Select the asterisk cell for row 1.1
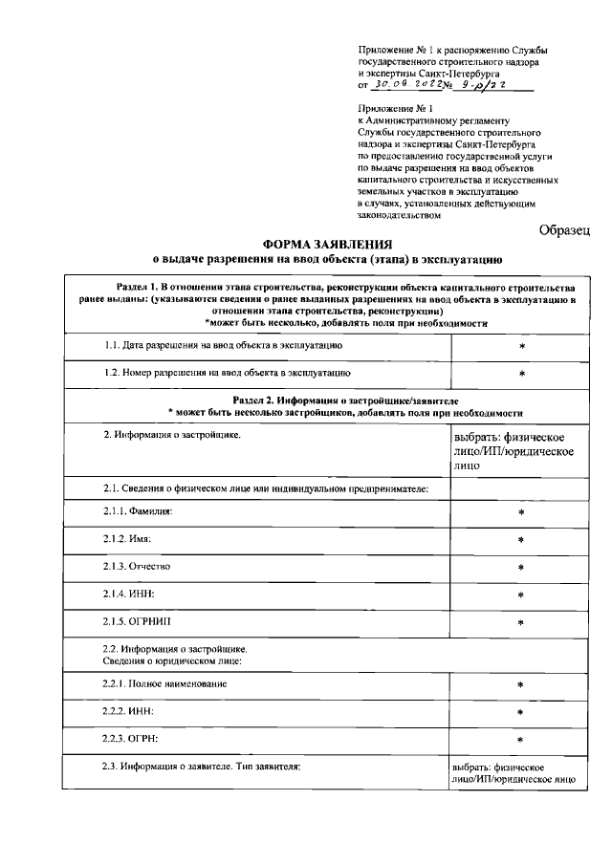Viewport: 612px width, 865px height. [521, 345]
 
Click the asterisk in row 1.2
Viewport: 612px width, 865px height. [521, 374]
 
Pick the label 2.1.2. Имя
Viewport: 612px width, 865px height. [128, 540]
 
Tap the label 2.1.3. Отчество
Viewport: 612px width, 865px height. [137, 567]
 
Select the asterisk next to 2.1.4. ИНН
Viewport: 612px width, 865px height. [521, 595]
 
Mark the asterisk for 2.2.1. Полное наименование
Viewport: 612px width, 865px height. [521, 685]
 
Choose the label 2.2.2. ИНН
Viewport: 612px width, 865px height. [128, 712]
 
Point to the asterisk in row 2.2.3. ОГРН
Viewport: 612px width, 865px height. [521, 740]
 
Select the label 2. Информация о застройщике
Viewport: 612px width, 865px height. [172, 436]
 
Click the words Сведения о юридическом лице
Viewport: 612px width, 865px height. [173, 660]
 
